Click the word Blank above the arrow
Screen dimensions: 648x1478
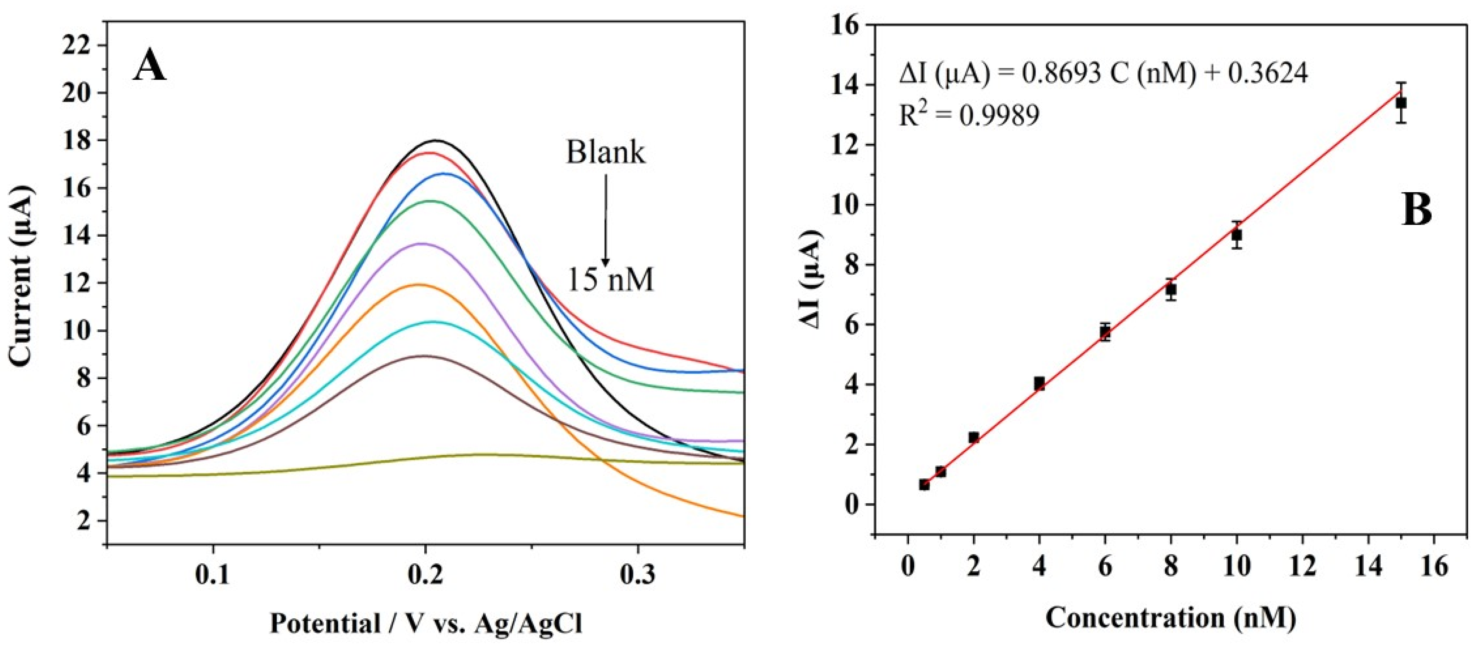point(605,153)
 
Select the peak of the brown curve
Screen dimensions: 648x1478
point(424,356)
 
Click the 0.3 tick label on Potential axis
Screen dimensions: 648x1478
point(637,575)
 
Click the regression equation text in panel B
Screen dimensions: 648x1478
point(1103,75)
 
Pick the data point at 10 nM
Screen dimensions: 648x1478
point(1236,235)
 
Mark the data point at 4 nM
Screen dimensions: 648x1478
point(1039,383)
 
